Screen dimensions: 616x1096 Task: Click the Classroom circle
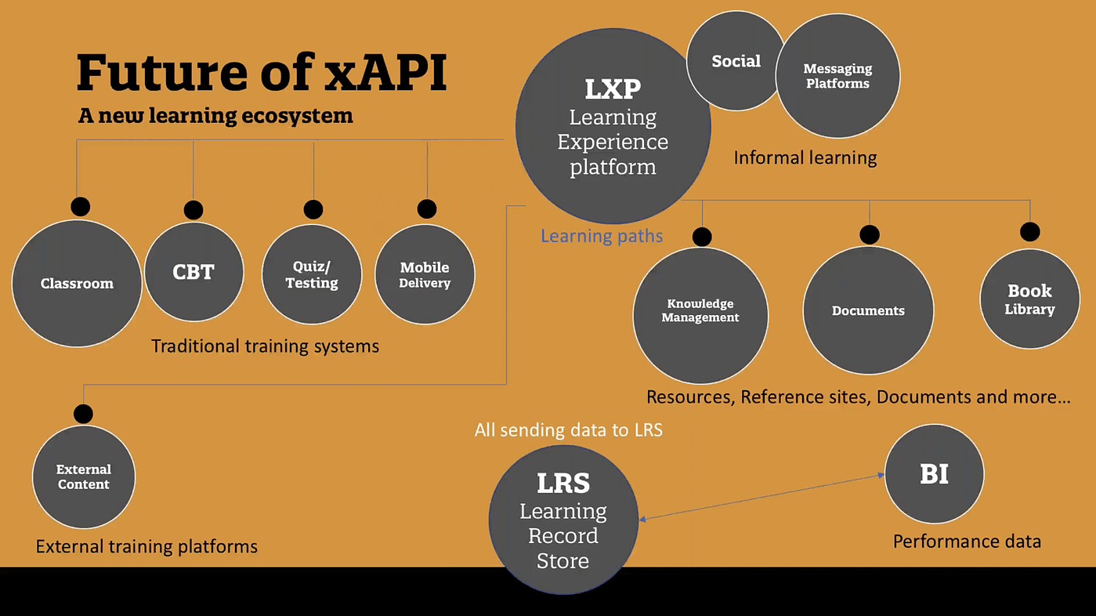pos(77,284)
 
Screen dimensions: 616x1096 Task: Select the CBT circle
pos(194,272)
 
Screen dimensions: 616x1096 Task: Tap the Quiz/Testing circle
pos(312,274)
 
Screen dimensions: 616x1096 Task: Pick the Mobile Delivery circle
pos(425,274)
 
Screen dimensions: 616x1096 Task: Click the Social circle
pos(735,61)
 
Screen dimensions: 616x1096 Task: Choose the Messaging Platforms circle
pos(837,76)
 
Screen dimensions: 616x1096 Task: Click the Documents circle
pos(868,311)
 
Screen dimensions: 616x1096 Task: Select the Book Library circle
pos(1029,299)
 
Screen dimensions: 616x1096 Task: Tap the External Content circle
pos(83,476)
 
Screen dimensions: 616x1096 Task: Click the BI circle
pos(934,474)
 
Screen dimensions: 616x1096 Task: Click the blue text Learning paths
pos(602,236)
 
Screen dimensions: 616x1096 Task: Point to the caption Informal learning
pos(805,158)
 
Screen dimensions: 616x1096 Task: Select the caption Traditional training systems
pos(265,346)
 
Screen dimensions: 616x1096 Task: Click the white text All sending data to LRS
pos(568,429)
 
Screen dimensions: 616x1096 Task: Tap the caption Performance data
pos(967,542)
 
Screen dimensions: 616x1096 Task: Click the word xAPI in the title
pos(385,72)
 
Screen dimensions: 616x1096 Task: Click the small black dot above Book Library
pos(1029,232)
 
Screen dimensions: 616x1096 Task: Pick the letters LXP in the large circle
pos(612,89)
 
